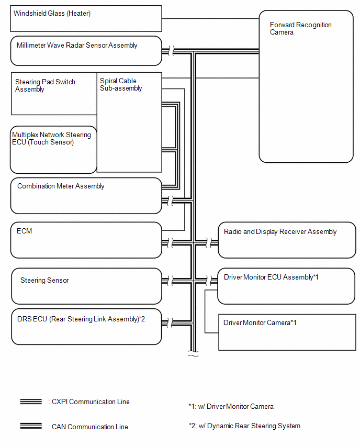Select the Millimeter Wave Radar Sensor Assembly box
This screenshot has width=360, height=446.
tap(86, 51)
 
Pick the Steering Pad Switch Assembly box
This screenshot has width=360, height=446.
tap(54, 94)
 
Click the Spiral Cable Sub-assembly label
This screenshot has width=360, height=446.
tap(121, 85)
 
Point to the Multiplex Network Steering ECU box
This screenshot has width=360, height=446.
tap(53, 150)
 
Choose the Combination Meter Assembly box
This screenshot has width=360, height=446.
tap(86, 196)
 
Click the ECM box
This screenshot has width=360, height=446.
tap(86, 240)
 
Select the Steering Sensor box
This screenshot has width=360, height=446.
tap(86, 286)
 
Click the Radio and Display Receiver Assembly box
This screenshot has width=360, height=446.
tap(287, 240)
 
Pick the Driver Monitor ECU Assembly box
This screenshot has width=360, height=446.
tap(286, 286)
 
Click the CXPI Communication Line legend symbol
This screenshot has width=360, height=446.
tap(31, 402)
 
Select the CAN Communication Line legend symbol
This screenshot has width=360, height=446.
tap(31, 426)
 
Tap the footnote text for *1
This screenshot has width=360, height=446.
tap(231, 406)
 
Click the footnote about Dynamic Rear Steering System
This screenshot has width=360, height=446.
tap(244, 426)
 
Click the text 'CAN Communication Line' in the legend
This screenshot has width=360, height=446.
tap(89, 427)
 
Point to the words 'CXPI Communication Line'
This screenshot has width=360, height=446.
tap(90, 402)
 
